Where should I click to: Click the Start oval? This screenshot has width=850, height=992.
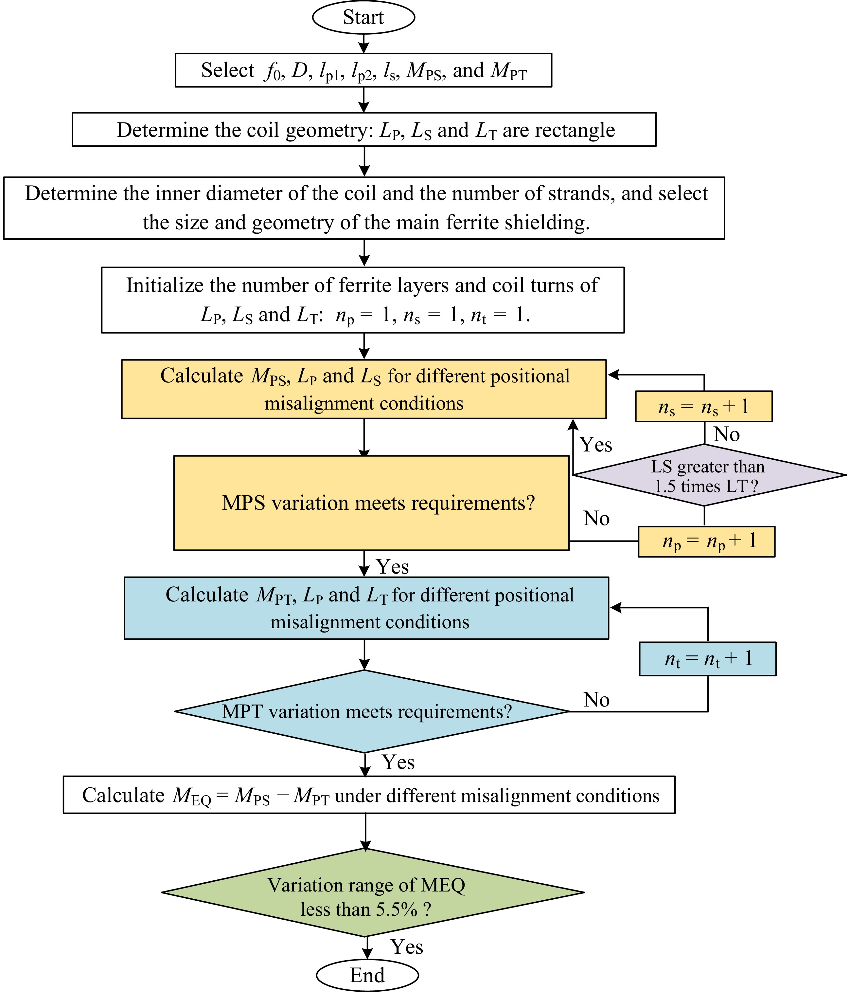363,17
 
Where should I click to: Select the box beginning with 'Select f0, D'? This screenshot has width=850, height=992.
363,70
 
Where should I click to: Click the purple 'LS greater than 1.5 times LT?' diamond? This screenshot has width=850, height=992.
708,475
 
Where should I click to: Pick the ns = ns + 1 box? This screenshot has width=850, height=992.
703,407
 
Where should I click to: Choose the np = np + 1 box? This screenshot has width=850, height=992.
706,542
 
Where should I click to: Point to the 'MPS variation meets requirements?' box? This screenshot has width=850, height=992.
371,503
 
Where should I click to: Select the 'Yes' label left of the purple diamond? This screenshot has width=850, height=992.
596,445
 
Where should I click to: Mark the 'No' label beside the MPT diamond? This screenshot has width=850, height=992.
596,700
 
